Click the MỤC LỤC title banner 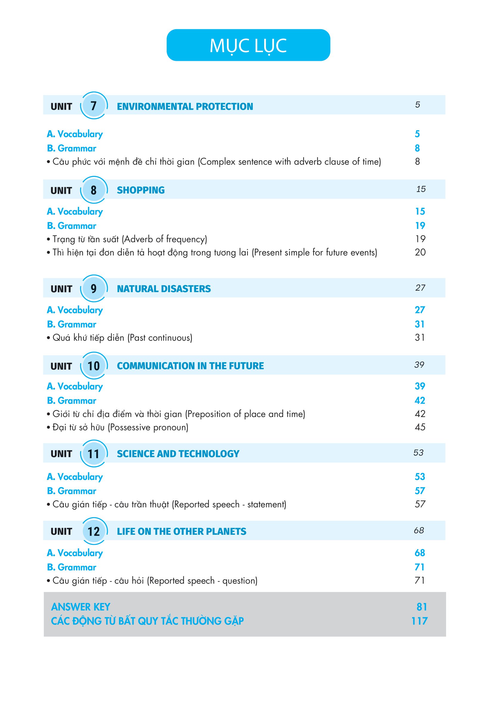tap(248, 45)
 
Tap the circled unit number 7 tap(94, 106)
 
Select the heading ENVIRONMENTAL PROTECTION tap(185, 106)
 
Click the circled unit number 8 tap(94, 190)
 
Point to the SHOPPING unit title tap(141, 190)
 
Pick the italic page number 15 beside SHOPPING tap(421, 189)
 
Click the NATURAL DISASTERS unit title tap(164, 289)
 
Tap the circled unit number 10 tap(94, 366)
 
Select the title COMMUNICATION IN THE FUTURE tap(190, 366)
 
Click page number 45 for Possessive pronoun tap(420, 427)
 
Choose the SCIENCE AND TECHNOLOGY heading tap(178, 454)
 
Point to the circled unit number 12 tap(94, 531)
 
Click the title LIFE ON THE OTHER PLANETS tap(182, 531)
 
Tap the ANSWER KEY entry tap(81, 607)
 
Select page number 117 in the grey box tap(419, 621)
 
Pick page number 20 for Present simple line tap(420, 252)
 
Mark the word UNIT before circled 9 tap(61, 289)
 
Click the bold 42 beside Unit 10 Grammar tap(420, 400)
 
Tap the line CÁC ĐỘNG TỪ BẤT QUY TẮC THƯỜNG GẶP tap(147, 621)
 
